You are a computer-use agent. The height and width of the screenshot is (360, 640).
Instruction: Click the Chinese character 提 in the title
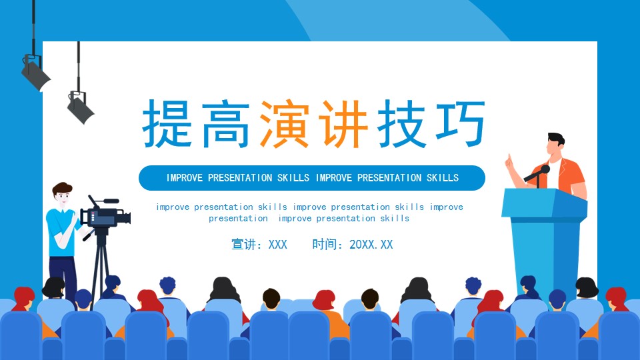pos(167,123)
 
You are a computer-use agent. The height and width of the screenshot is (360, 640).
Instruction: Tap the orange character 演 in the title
pos(285,123)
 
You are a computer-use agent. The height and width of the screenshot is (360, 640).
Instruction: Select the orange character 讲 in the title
pos(343,123)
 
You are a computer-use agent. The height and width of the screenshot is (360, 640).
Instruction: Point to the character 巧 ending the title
pos(461,123)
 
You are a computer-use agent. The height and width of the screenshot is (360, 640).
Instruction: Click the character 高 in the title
pos(226,123)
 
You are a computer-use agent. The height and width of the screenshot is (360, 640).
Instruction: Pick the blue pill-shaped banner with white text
pos(312,178)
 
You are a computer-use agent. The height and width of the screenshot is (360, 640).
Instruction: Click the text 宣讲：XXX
pos(259,245)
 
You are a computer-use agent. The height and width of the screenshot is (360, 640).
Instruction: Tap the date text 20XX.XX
pos(371,245)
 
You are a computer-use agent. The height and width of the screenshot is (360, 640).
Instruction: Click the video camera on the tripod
pos(105,213)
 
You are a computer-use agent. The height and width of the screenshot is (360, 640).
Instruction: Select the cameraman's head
pos(62,196)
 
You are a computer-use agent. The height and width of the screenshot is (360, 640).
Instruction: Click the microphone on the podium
pos(537,173)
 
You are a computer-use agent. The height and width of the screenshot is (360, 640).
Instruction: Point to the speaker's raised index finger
pos(509,157)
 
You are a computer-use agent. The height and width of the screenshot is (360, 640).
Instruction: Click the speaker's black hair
pos(556,139)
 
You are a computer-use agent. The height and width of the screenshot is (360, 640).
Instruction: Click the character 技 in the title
pos(402,123)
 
